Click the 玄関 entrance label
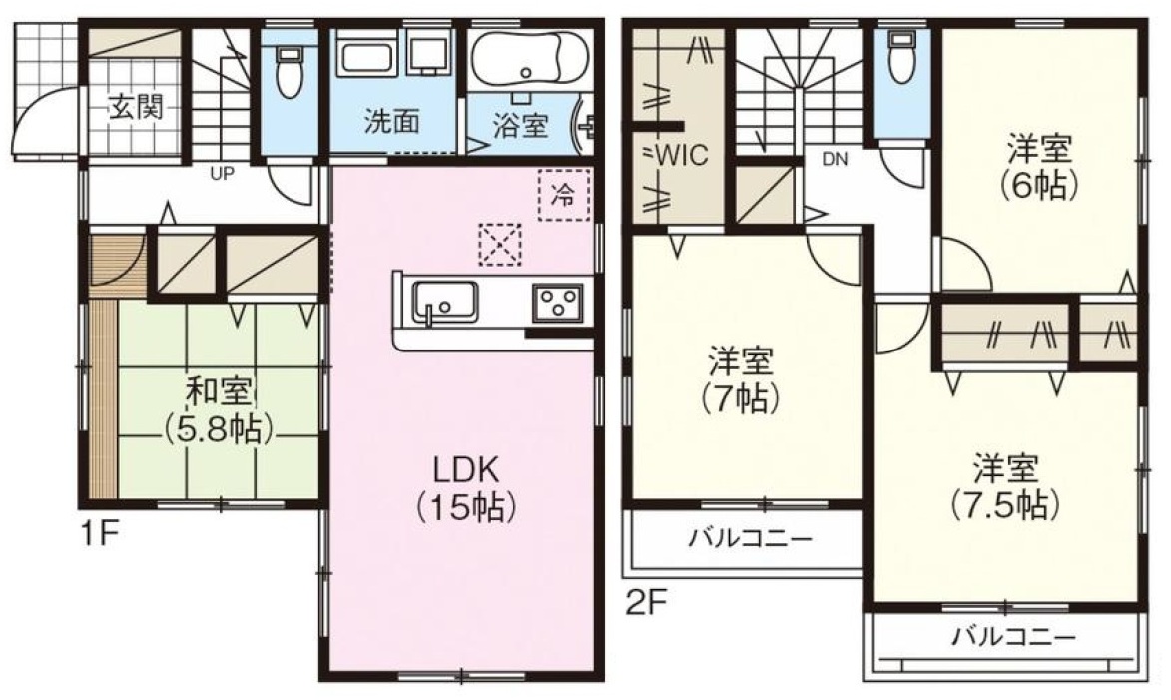(135, 108)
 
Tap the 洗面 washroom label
(391, 122)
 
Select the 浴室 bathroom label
(520, 126)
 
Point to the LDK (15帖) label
(465, 488)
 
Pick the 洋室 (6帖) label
(1039, 168)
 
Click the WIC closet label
(677, 156)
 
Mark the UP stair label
(222, 175)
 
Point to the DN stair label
(835, 159)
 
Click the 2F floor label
(645, 602)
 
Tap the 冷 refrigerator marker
(564, 195)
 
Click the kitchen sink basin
(446, 302)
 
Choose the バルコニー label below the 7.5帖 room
(1013, 637)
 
